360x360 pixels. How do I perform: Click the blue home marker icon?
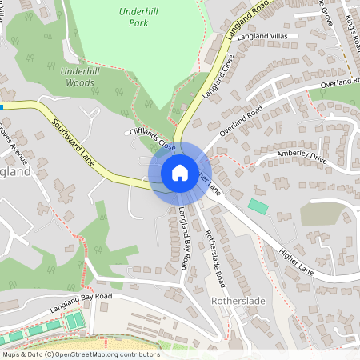(180, 172)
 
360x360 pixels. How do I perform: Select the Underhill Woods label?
(82, 76)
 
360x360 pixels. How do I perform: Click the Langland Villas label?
(262, 36)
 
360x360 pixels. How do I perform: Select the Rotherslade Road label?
(215, 248)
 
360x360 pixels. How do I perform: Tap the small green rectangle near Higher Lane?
(258, 206)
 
